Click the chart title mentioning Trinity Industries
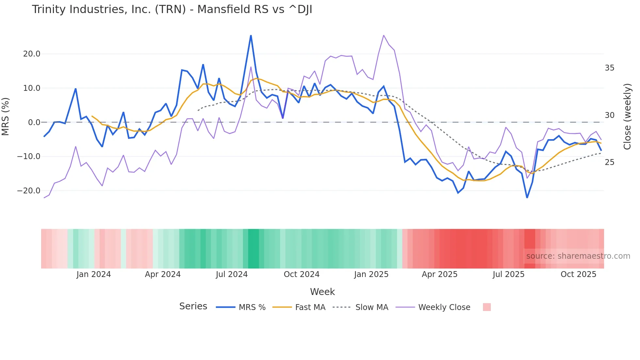tap(172, 9)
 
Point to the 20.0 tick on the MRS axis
tap(32, 54)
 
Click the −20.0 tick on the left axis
tap(29, 191)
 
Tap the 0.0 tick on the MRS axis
tap(34, 123)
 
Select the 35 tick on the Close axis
tap(609, 68)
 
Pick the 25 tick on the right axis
tap(609, 162)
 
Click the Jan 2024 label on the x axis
tap(94, 274)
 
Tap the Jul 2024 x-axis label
tap(232, 274)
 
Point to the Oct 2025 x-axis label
tap(578, 274)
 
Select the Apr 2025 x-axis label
tap(440, 274)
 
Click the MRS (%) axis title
tap(6, 116)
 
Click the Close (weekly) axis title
tap(627, 117)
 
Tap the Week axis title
tap(322, 292)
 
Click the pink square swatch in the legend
tap(487, 307)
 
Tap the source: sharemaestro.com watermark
tap(578, 256)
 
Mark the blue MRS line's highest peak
tap(251, 35)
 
